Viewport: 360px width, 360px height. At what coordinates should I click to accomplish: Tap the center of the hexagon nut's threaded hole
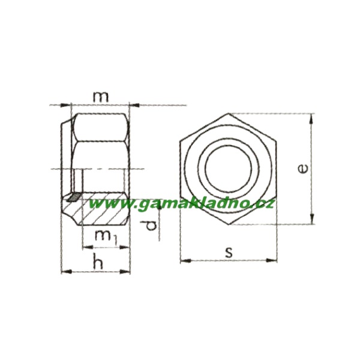pyautogui.click(x=229, y=169)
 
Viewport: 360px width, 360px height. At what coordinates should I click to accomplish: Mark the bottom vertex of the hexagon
pyautogui.click(x=229, y=225)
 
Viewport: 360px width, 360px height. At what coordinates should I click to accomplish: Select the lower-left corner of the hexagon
pyautogui.click(x=180, y=197)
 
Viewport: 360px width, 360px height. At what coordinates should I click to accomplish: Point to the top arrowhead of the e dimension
pyautogui.click(x=311, y=117)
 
